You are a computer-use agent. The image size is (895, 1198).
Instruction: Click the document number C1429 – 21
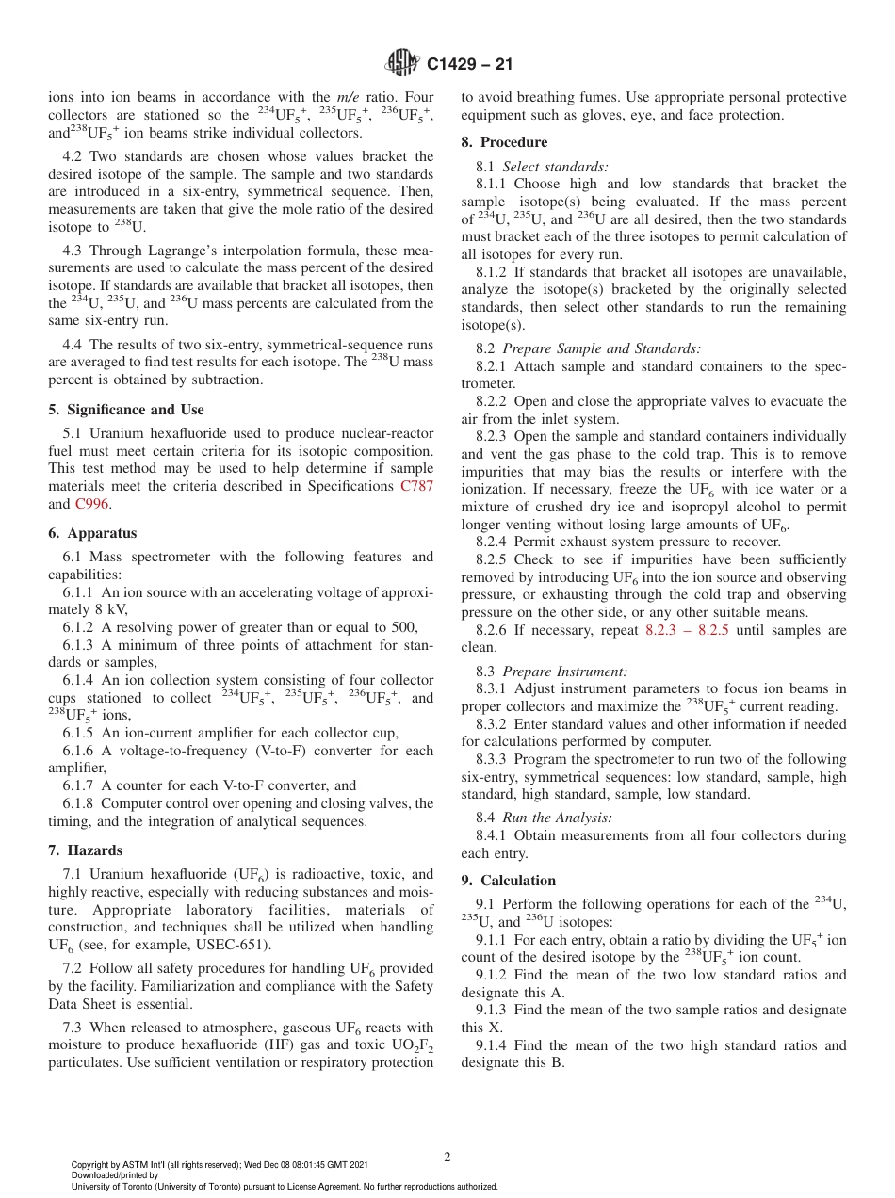point(469,65)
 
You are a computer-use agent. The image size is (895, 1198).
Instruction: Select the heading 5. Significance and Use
point(126,410)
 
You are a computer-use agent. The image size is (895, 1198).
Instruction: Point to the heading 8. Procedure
point(504,142)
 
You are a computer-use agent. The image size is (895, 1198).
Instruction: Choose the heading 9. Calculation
point(509,881)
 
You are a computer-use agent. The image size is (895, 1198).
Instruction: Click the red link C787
point(416,486)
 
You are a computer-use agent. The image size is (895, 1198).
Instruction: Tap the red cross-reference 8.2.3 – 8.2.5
point(687,630)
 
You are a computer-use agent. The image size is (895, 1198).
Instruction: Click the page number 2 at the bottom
point(447,1158)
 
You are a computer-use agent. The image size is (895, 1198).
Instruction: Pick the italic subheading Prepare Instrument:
point(564,672)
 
